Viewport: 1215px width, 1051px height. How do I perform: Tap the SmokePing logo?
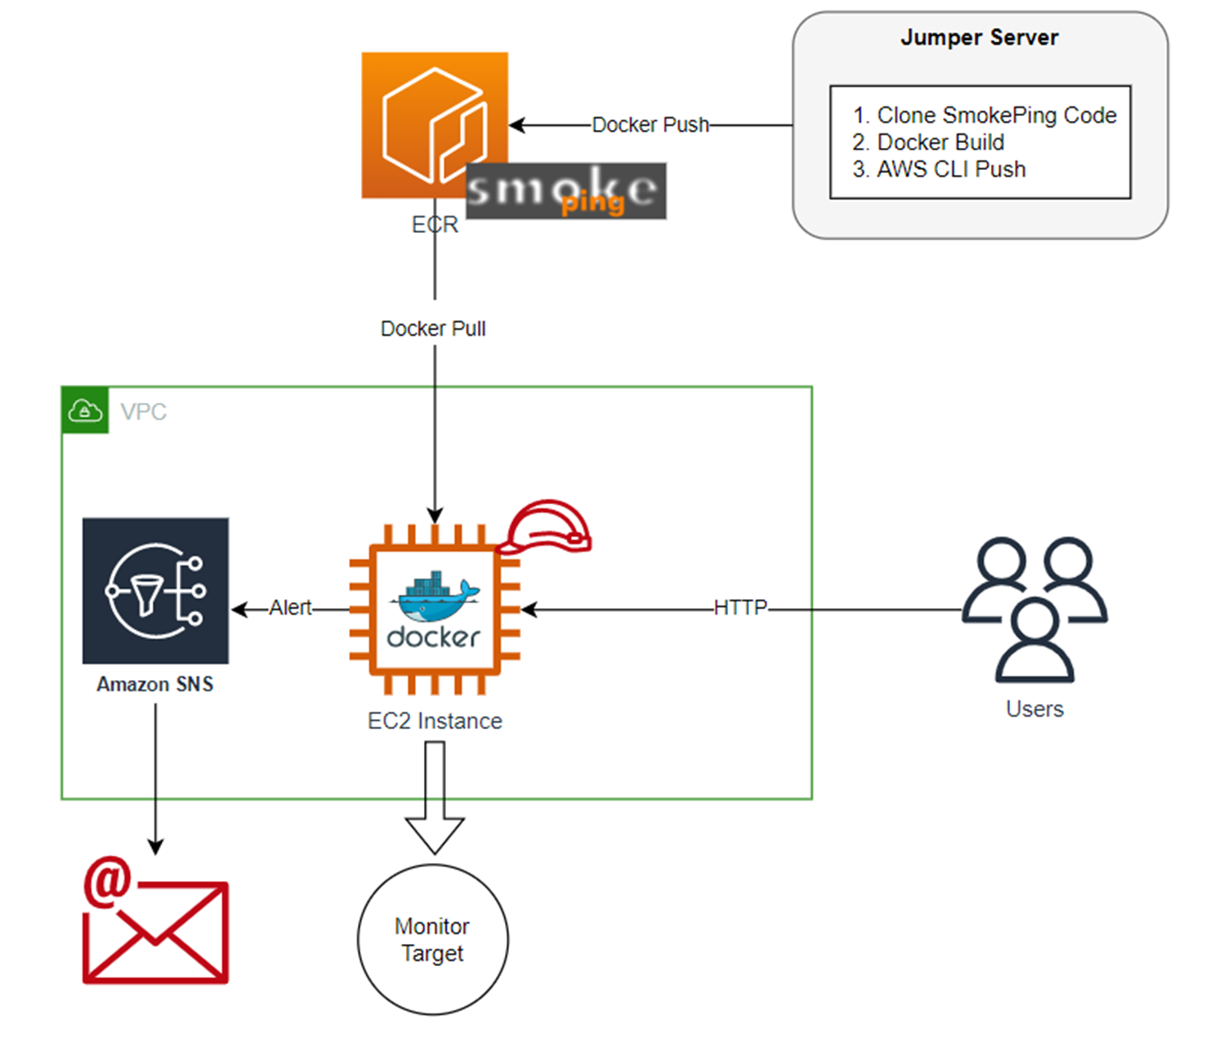pyautogui.click(x=565, y=191)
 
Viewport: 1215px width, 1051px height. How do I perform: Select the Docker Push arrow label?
pyautogui.click(x=650, y=125)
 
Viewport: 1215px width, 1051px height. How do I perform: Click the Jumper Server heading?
pyautogui.click(x=979, y=38)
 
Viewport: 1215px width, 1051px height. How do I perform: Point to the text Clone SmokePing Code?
pyautogui.click(x=996, y=115)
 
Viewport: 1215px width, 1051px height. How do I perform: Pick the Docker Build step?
pyautogui.click(x=940, y=142)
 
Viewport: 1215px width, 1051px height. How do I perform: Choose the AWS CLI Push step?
pyautogui.click(x=950, y=169)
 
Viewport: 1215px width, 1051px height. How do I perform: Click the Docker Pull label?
pyautogui.click(x=433, y=329)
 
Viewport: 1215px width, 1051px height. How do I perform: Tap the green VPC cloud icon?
pyautogui.click(x=85, y=410)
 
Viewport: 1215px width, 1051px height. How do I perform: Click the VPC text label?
pyautogui.click(x=144, y=412)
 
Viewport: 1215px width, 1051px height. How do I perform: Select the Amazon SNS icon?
pyautogui.click(x=155, y=590)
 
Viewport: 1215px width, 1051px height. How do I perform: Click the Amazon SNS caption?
pyautogui.click(x=155, y=684)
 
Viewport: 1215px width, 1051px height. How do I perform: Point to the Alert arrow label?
pyautogui.click(x=291, y=608)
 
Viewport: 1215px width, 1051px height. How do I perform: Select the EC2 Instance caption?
pyautogui.click(x=435, y=721)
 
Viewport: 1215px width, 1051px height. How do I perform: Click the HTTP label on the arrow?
pyautogui.click(x=740, y=608)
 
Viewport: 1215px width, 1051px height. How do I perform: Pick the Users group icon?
pyautogui.click(x=1034, y=608)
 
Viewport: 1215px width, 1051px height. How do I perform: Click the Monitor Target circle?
pyautogui.click(x=433, y=940)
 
